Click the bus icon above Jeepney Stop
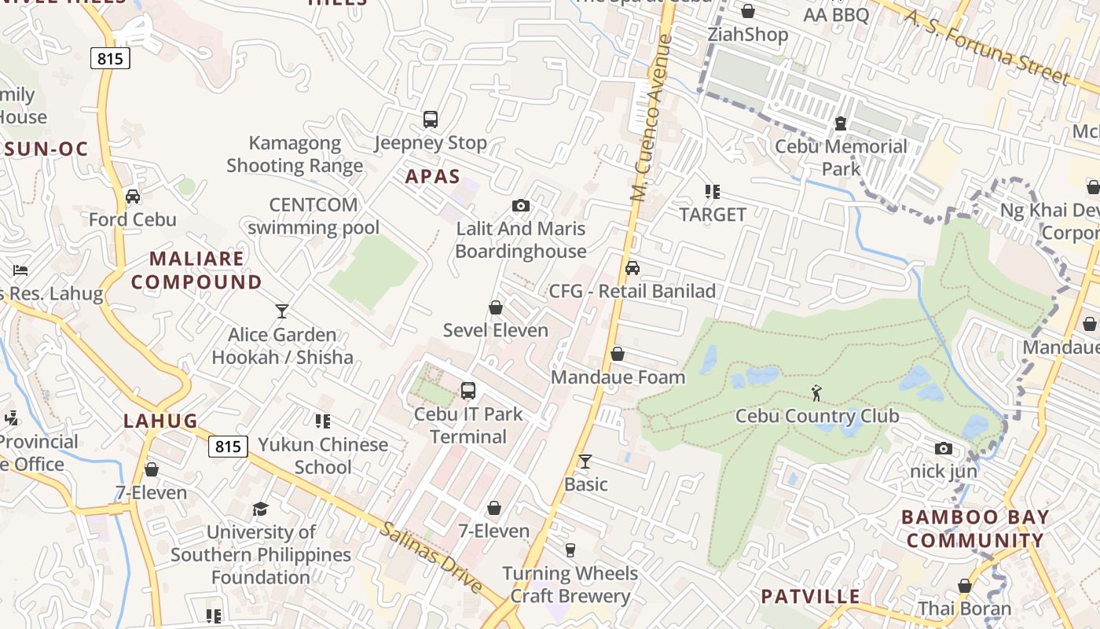[x=430, y=120]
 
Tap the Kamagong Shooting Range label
[x=295, y=154]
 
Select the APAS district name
[x=432, y=177]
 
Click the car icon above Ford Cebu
[x=133, y=197]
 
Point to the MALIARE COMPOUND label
[x=196, y=270]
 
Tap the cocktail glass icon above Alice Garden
[x=282, y=311]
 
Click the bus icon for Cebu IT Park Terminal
[x=468, y=390]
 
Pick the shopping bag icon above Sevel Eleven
[x=496, y=307]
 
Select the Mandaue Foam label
[x=618, y=377]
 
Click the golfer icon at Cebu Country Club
[x=817, y=393]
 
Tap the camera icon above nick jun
[x=944, y=448]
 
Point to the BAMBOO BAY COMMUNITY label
[x=975, y=528]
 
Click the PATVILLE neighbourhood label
[x=810, y=596]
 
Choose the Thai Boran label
[x=965, y=608]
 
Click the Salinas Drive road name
[x=431, y=557]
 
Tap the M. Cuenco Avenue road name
[x=653, y=118]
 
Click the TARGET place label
[x=713, y=214]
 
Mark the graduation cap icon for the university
[x=260, y=509]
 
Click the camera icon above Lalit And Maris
[x=520, y=206]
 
